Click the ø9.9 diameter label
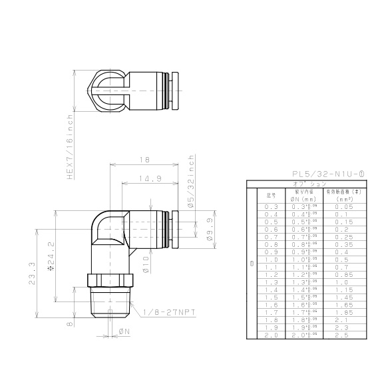(209, 228)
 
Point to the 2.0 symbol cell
(271, 335)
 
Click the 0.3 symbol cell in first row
(271, 208)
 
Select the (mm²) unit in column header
(344, 199)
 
